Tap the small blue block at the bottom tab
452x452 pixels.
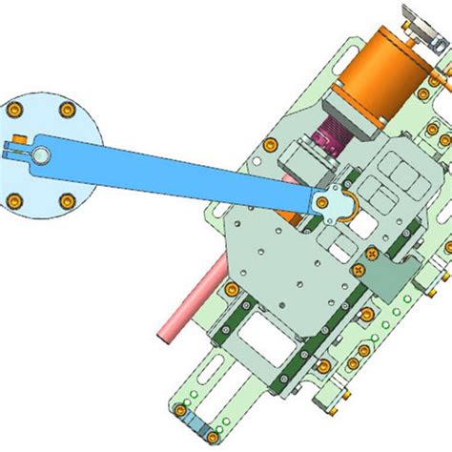[x=189, y=421]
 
